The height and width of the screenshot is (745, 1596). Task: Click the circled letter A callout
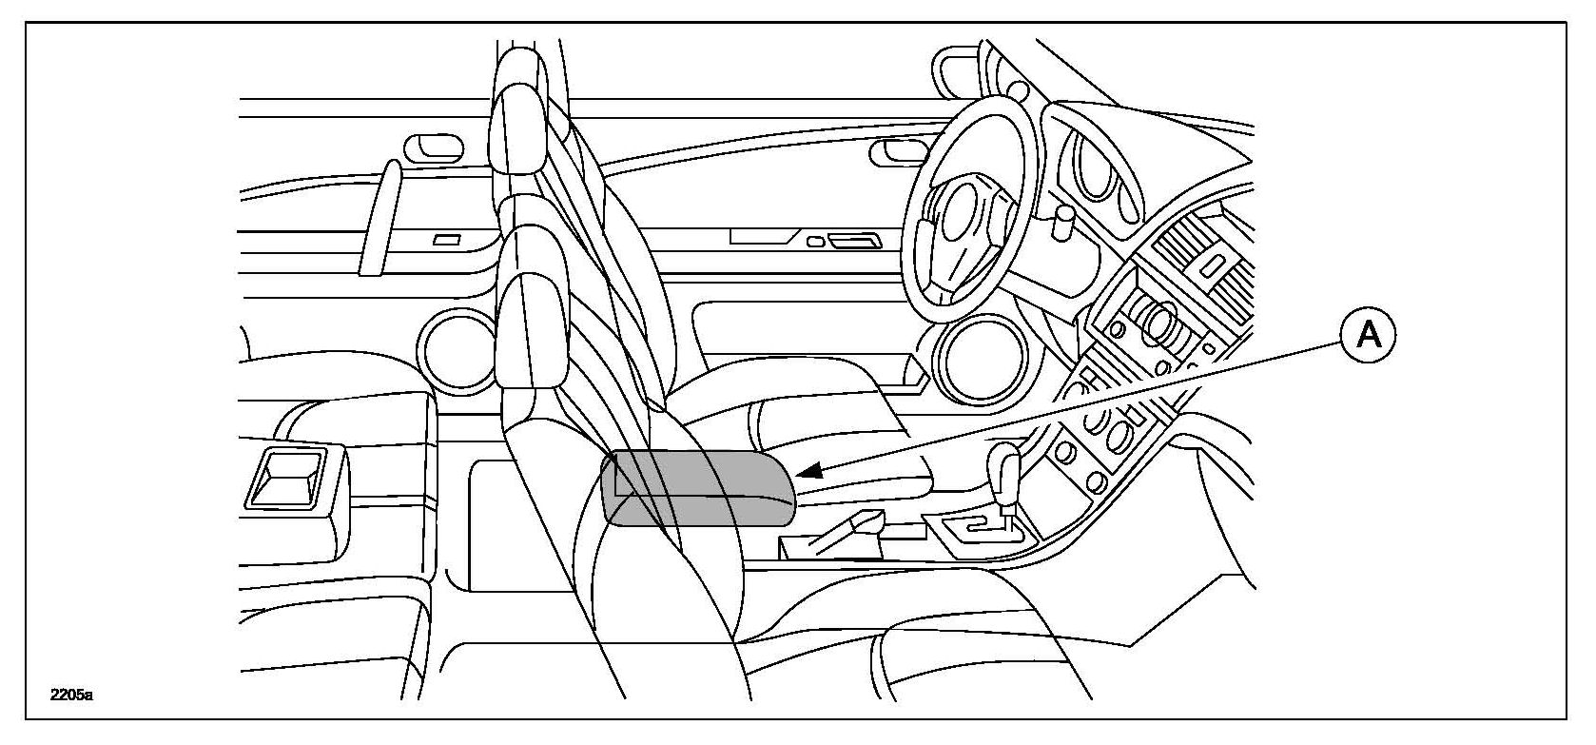point(1368,335)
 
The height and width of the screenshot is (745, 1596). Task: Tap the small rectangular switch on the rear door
point(447,240)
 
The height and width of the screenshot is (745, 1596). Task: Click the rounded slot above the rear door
point(434,147)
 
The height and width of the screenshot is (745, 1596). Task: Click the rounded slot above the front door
point(895,149)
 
